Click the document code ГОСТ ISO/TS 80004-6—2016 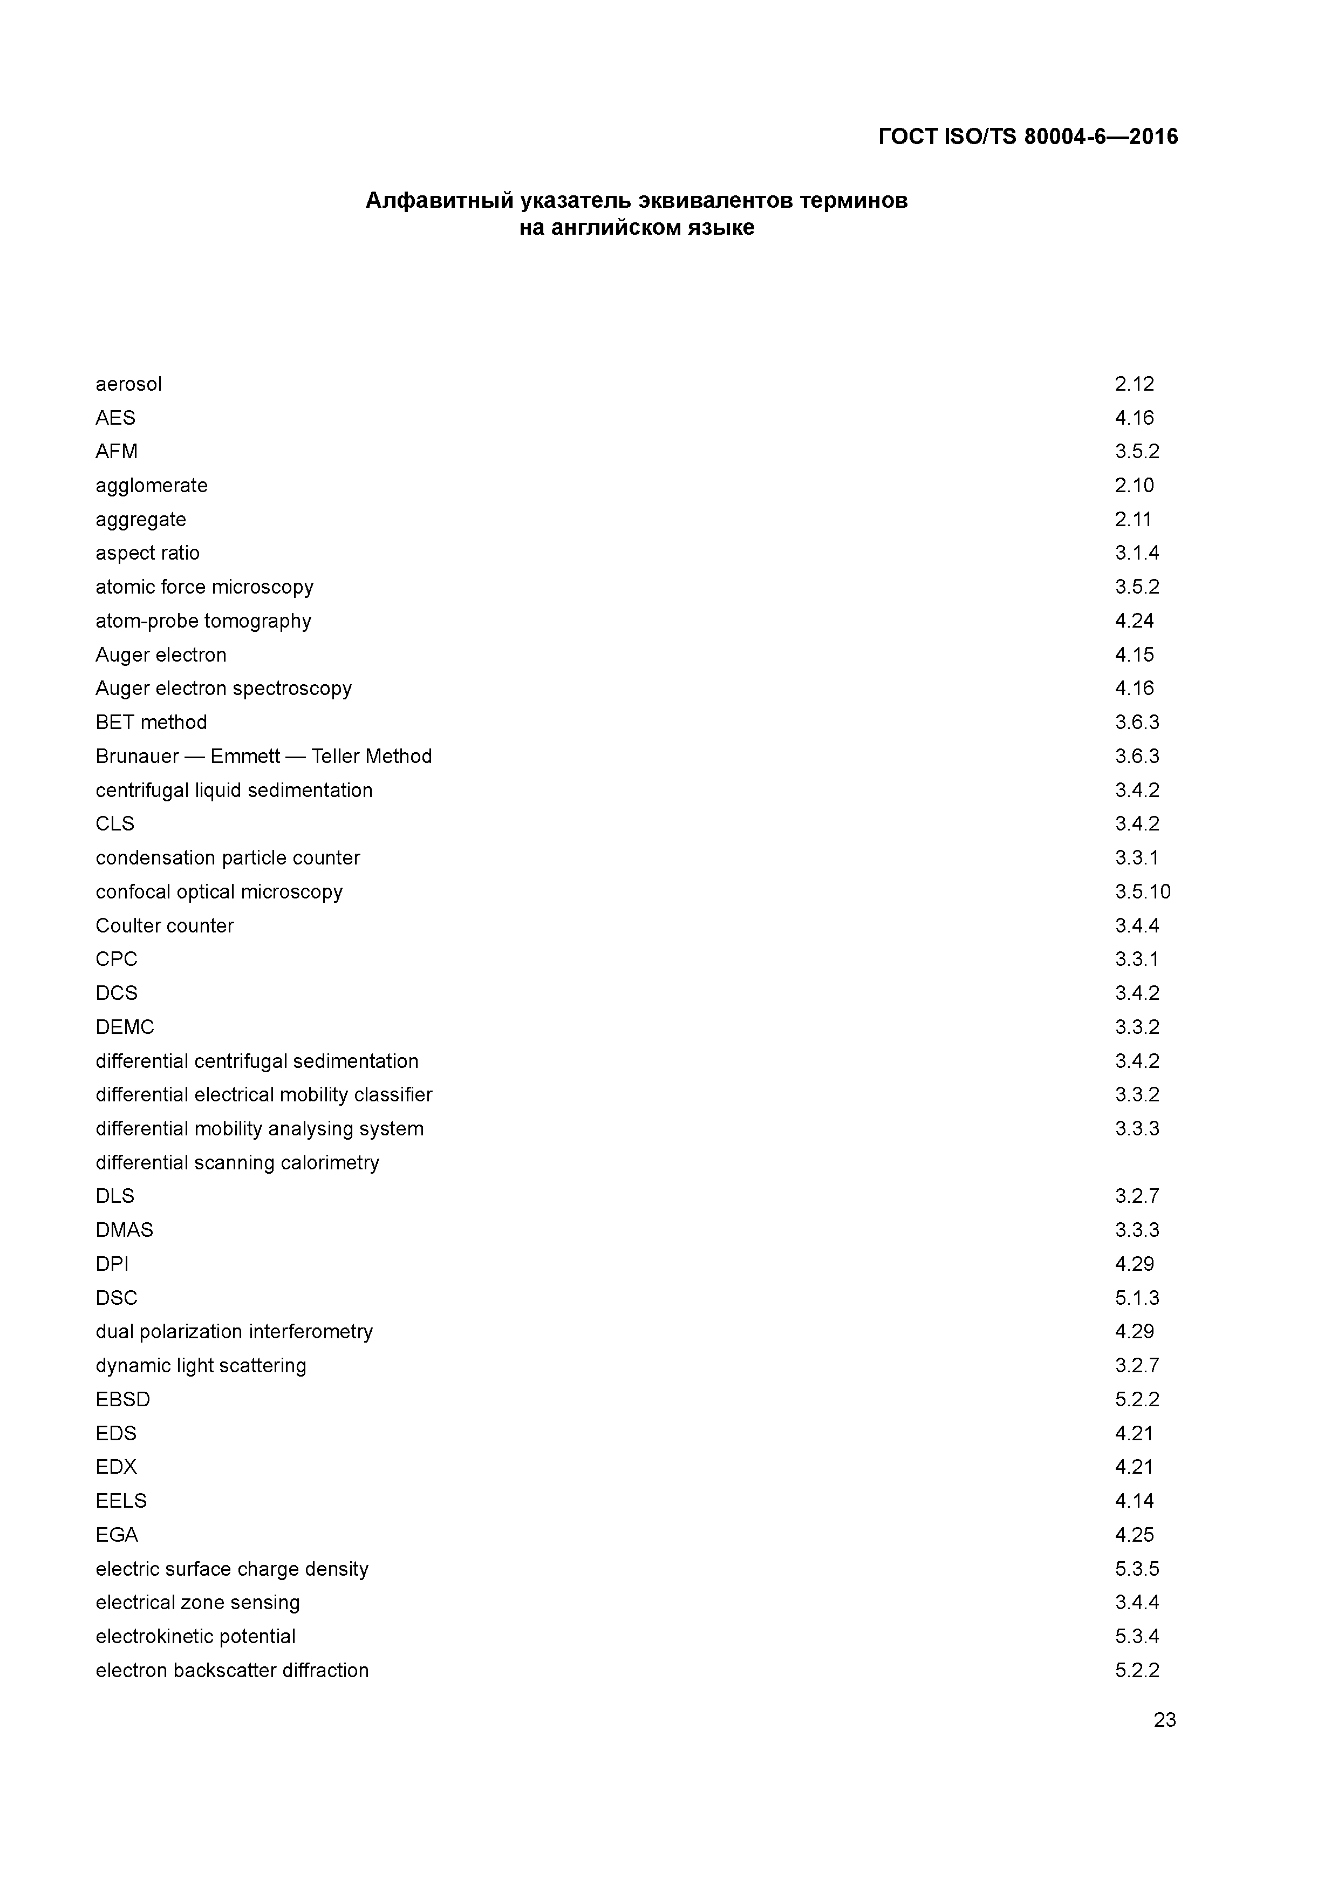pyautogui.click(x=1028, y=136)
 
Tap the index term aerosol pyautogui.click(x=128, y=384)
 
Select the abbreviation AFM pyautogui.click(x=116, y=452)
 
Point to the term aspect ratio pyautogui.click(x=148, y=553)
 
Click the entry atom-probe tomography pyautogui.click(x=203, y=621)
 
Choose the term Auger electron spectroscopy pyautogui.click(x=223, y=689)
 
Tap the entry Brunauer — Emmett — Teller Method pyautogui.click(x=264, y=756)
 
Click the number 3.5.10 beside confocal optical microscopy pyautogui.click(x=1143, y=892)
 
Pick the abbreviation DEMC pyautogui.click(x=125, y=1027)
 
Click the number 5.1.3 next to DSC pyautogui.click(x=1137, y=1298)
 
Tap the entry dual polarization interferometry pyautogui.click(x=234, y=1332)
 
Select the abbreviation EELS pyautogui.click(x=121, y=1501)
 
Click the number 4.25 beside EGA pyautogui.click(x=1135, y=1535)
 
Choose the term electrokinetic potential pyautogui.click(x=195, y=1637)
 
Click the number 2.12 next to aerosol pyautogui.click(x=1135, y=384)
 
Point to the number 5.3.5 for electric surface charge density pyautogui.click(x=1137, y=1569)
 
